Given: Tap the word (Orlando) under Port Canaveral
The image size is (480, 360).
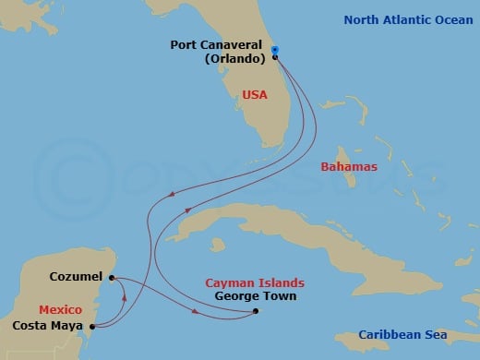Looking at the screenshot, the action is [x=234, y=57].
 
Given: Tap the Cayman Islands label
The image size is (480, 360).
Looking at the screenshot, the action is [x=257, y=282].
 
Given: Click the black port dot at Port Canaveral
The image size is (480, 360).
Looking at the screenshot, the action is [x=275, y=58].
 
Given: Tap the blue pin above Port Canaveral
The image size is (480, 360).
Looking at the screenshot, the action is [x=274, y=51].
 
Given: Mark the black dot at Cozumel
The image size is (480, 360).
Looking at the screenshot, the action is [x=110, y=277].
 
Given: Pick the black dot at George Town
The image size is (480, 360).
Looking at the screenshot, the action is [x=256, y=311].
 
